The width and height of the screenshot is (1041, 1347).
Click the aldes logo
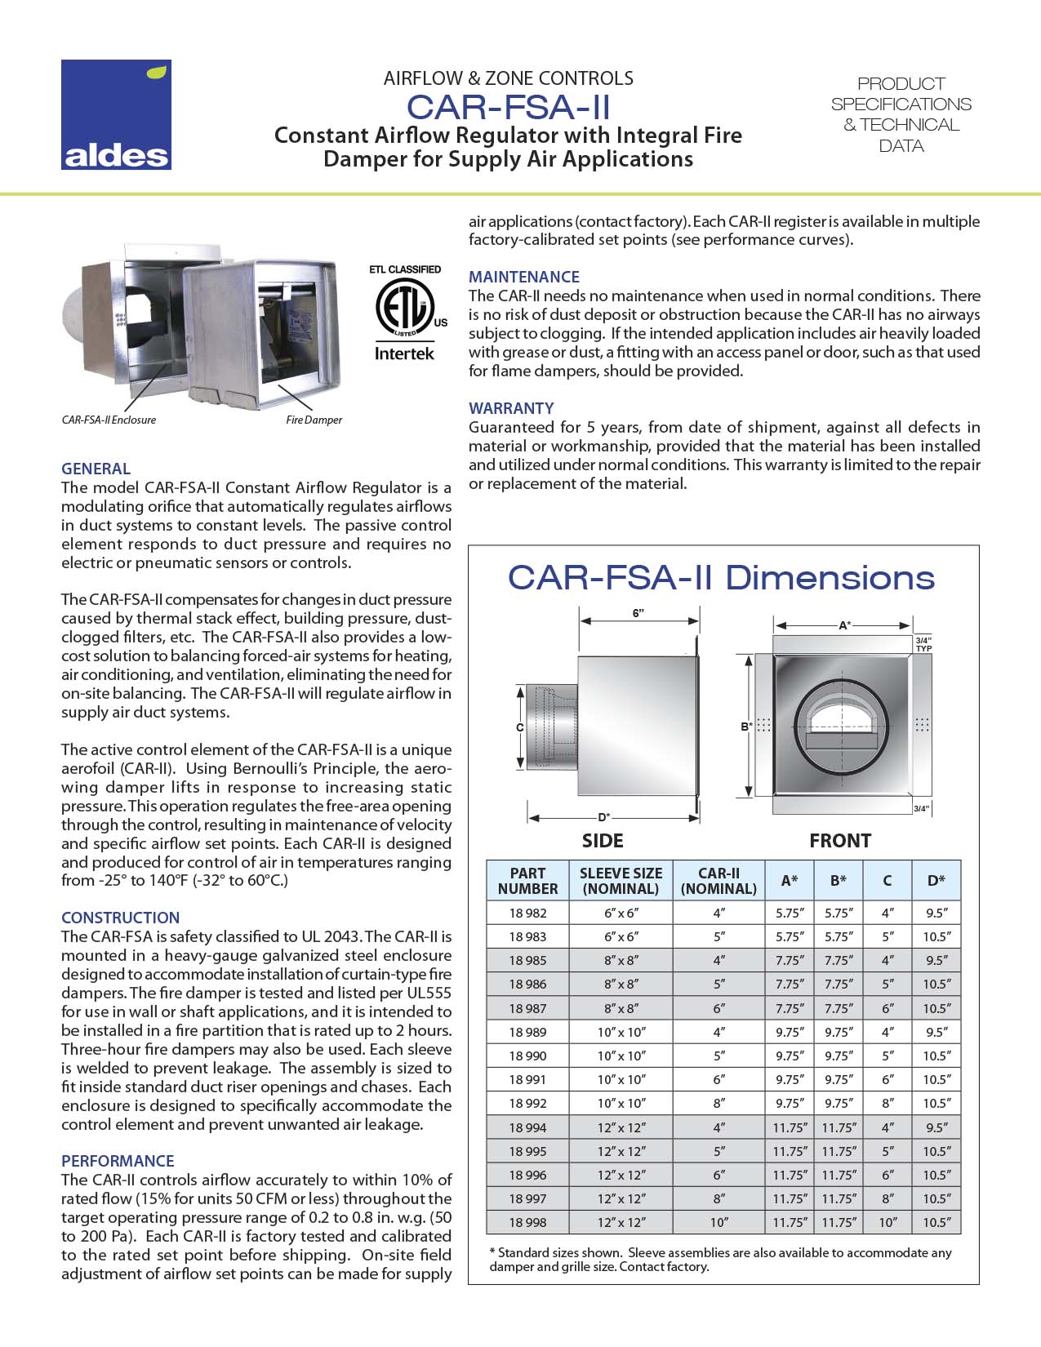coord(116,114)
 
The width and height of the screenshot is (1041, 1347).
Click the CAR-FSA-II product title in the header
coord(508,108)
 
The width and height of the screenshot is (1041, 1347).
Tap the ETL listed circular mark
coord(402,309)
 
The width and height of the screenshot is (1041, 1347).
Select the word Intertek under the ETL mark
coord(404,353)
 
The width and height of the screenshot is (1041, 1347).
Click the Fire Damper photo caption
coord(314,420)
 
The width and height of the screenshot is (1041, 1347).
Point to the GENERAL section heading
coord(96,469)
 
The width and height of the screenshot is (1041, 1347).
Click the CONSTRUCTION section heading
coord(120,918)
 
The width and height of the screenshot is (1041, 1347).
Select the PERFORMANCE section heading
coord(118,1161)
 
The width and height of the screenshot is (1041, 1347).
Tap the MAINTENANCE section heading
coord(523,277)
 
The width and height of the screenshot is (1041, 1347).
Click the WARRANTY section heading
coord(511,408)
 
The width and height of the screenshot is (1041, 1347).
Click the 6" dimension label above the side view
coord(638,614)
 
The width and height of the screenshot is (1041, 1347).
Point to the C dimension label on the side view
coord(520,727)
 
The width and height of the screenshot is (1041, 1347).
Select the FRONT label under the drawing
coord(839,841)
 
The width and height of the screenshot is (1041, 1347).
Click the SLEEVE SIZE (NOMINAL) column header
coord(621,880)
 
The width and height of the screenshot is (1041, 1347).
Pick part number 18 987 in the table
coord(527,1008)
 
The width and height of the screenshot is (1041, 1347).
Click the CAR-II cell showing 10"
coord(718,1222)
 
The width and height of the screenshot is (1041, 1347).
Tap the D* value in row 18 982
coord(936,913)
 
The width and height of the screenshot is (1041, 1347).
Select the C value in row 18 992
coord(887,1103)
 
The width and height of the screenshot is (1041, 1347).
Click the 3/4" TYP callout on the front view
coord(923,644)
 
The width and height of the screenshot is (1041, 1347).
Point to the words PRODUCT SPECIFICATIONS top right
coord(901,94)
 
